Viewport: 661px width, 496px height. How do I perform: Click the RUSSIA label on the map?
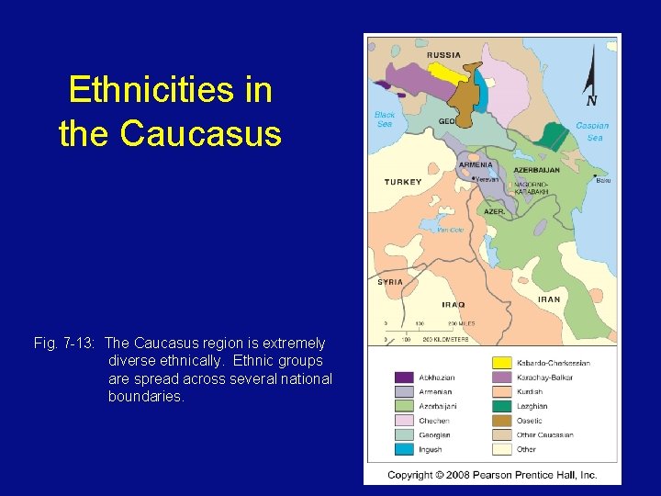click(x=443, y=55)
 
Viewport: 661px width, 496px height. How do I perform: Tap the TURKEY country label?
click(x=403, y=182)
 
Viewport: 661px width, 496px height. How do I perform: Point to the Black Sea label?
click(x=384, y=119)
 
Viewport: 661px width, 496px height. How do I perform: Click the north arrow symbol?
click(x=591, y=78)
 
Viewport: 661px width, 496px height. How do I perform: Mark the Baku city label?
click(x=602, y=180)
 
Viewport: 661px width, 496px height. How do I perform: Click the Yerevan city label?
click(x=487, y=180)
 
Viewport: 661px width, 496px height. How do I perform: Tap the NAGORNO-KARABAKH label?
click(x=532, y=187)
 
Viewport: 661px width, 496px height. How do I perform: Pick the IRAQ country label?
click(x=453, y=304)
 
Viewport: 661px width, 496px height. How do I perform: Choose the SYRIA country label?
click(x=390, y=282)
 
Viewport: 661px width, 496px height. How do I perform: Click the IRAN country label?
click(x=548, y=299)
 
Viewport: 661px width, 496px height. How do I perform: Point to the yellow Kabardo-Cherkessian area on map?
click(x=443, y=72)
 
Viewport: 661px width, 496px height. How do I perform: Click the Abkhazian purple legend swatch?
click(x=403, y=378)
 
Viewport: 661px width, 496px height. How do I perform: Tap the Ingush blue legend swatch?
click(x=403, y=449)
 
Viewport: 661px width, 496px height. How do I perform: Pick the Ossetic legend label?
click(x=530, y=421)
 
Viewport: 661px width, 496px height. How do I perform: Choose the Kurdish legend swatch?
click(x=502, y=392)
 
